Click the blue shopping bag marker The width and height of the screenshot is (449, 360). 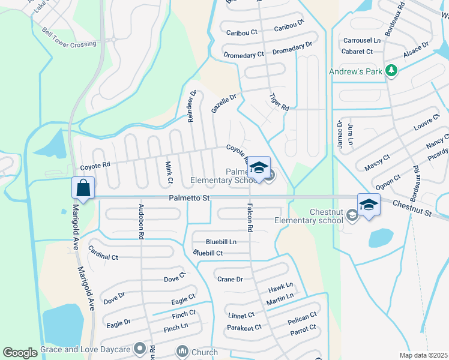tap(83, 188)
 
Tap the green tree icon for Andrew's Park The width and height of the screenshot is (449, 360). tap(391, 71)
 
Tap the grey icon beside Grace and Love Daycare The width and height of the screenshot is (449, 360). tap(140, 348)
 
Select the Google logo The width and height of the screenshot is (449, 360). tap(20, 353)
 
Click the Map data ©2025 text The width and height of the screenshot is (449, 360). tap(423, 355)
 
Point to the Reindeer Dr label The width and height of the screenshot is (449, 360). tap(192, 106)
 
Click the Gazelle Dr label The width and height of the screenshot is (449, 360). tap(224, 103)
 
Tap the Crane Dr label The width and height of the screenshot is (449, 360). tap(230, 279)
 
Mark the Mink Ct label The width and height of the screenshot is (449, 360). tap(169, 172)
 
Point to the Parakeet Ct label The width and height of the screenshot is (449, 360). tap(244, 328)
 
